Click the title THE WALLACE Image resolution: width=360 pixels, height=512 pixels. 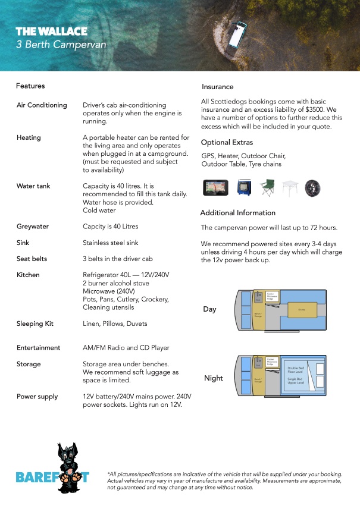point(51,32)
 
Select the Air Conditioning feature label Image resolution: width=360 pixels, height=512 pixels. point(42,105)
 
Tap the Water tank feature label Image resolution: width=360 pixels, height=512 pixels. point(33,186)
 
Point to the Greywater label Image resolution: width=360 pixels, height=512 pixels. point(33,227)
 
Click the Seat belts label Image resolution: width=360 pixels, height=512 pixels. point(32,259)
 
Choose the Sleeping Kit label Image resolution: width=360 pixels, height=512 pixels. point(35,324)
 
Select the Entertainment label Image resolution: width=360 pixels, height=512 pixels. point(39,348)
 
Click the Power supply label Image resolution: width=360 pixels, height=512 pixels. point(37,397)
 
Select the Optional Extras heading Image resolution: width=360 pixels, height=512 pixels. point(227,143)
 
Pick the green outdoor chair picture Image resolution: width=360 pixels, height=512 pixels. point(268,187)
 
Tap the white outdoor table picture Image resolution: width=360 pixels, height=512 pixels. point(290,187)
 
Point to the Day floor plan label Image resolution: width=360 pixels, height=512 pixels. point(209,309)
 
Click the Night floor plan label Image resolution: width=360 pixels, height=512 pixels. point(213,378)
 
